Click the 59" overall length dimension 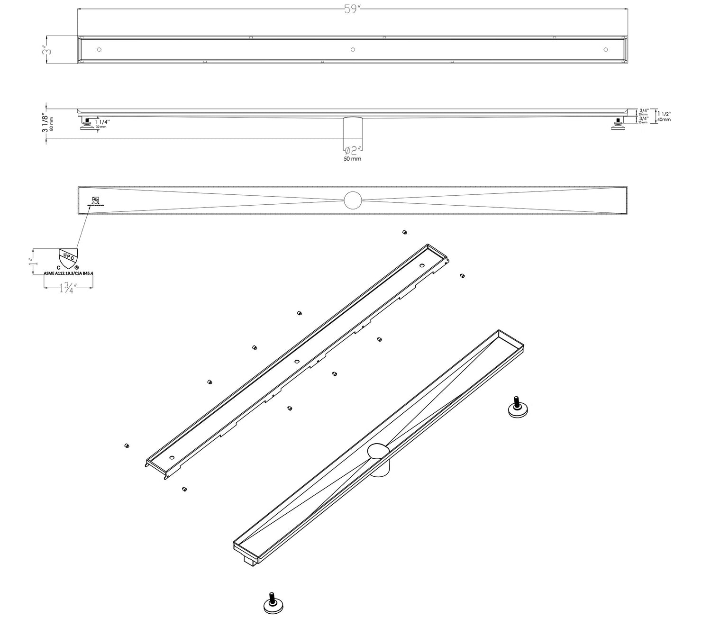(x=353, y=10)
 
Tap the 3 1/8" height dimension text (x=45, y=123)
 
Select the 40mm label (x=664, y=120)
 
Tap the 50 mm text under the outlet (x=352, y=159)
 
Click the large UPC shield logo (x=67, y=259)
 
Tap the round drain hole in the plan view (x=353, y=200)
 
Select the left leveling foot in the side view (x=87, y=125)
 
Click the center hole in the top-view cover (x=352, y=49)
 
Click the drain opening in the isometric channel (x=379, y=451)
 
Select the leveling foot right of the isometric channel (x=518, y=408)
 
